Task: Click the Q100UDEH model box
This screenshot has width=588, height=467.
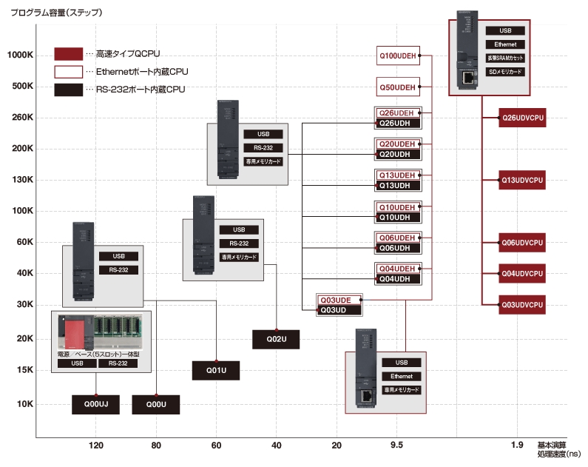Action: [398, 56]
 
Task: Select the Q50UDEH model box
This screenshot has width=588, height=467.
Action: [398, 87]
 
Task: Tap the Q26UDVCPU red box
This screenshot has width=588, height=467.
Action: [523, 118]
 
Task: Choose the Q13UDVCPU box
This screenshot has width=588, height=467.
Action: [523, 180]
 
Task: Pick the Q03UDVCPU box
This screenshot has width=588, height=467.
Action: [523, 304]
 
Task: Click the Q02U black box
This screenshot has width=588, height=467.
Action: [275, 339]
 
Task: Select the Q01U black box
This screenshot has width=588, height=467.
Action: [215, 370]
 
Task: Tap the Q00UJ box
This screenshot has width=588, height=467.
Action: [95, 404]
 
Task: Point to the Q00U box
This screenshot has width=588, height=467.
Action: [155, 404]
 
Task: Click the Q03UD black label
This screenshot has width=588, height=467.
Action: [339, 309]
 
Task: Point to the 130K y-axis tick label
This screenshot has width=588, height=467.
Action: [22, 180]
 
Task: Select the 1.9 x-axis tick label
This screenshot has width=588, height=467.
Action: [516, 445]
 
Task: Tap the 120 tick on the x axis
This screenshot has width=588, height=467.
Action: [95, 445]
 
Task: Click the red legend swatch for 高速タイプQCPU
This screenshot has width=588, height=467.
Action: [68, 54]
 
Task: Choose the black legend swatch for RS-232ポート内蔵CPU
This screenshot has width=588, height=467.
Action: [68, 90]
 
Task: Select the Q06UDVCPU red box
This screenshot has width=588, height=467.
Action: [523, 242]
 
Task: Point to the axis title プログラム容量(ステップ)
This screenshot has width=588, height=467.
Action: [56, 13]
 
